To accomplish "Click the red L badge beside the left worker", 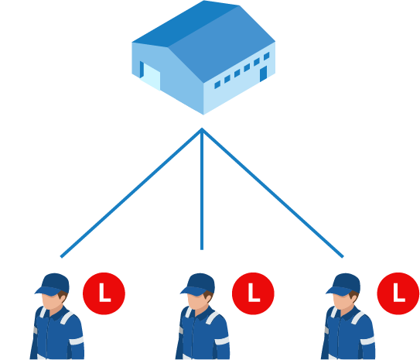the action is tap(104, 293).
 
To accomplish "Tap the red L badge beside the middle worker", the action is tap(253, 293).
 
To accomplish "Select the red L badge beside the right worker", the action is tap(398, 293).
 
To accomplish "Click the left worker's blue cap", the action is tap(53, 284).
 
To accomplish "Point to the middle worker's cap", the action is tap(199, 284).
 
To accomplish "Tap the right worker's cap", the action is tap(344, 284).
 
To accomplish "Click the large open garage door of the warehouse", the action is tap(151, 77).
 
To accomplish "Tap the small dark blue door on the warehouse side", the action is tap(263, 74).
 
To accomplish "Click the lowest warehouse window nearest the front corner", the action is tap(217, 84).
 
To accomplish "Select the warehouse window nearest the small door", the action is tap(267, 57).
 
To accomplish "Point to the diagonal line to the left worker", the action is tap(131, 193).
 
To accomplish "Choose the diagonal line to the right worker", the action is tap(273, 193).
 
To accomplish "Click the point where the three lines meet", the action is tap(202, 130).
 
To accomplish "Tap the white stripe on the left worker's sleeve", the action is tap(77, 341).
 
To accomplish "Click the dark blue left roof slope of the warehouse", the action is tap(185, 23).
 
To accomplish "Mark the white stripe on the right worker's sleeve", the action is tap(367, 341).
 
